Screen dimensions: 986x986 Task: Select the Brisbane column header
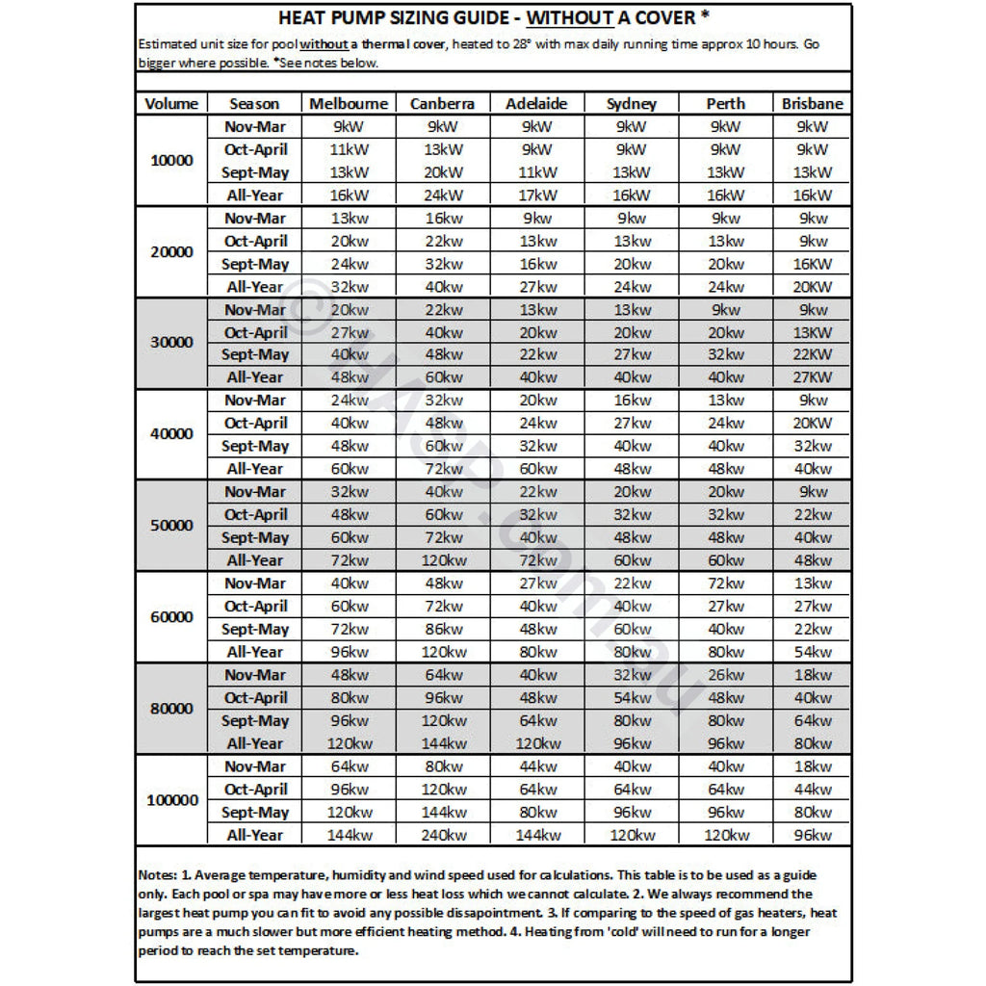(812, 104)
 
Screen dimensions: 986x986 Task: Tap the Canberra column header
(442, 104)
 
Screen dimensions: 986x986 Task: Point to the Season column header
(254, 104)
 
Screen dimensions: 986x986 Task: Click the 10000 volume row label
(171, 161)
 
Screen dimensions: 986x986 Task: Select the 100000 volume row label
(171, 800)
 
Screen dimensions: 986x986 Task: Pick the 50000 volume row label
(171, 526)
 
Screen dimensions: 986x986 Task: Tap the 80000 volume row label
(171, 709)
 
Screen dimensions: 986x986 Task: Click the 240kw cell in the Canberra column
(442, 835)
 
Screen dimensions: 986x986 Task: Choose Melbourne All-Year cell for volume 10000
(349, 195)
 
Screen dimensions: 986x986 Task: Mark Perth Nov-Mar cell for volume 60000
(725, 583)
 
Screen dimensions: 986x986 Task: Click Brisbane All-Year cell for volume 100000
(812, 835)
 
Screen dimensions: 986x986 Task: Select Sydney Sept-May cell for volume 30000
(632, 354)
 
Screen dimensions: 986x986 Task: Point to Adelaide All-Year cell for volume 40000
(536, 469)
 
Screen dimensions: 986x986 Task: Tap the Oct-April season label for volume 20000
(255, 241)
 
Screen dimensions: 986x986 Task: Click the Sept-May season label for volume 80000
(255, 720)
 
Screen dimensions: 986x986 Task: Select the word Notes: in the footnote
(159, 875)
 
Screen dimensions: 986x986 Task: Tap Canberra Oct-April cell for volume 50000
(442, 514)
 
